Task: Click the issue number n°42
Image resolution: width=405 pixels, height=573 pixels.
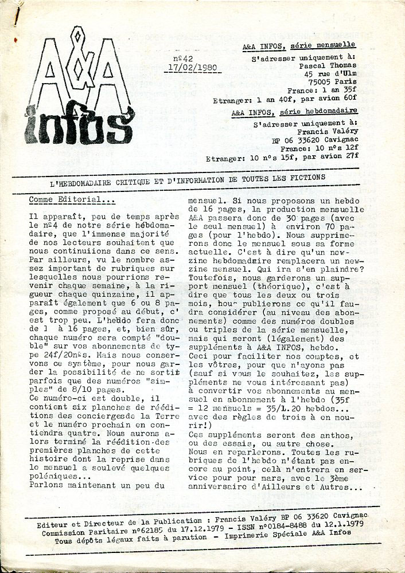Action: click(x=183, y=58)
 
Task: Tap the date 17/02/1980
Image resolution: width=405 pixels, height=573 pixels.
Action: click(x=196, y=66)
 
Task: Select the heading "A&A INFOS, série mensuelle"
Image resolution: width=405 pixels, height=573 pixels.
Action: click(x=298, y=45)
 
